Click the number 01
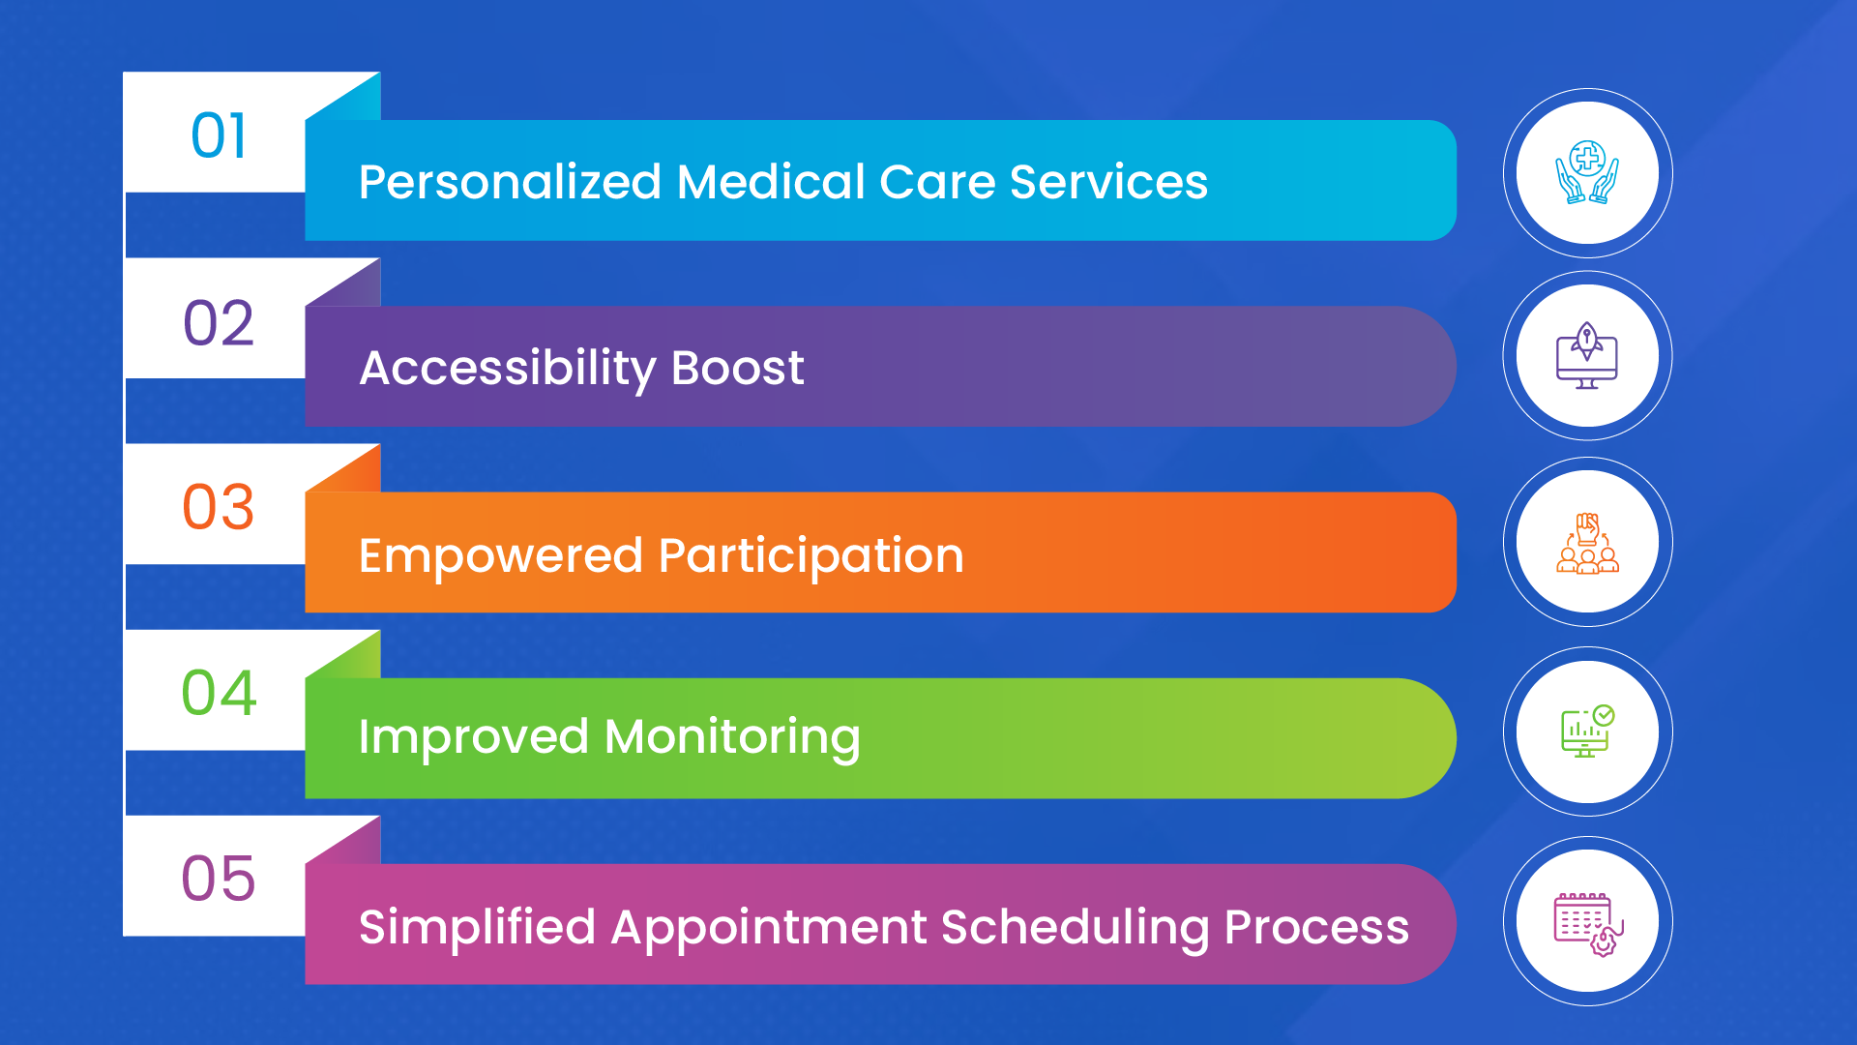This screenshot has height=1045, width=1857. click(x=219, y=135)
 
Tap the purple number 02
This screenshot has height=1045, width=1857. click(x=219, y=322)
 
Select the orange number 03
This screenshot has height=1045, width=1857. click(x=219, y=507)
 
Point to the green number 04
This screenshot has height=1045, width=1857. click(x=219, y=693)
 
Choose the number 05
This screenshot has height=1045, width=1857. click(x=219, y=879)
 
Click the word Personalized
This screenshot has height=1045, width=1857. click(x=510, y=182)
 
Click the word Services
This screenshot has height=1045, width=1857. click(x=1108, y=182)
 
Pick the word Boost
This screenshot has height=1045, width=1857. click(x=737, y=368)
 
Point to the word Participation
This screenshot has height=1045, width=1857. click(x=811, y=556)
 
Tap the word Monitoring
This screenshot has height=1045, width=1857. click(x=732, y=738)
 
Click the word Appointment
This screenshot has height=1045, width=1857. click(x=769, y=928)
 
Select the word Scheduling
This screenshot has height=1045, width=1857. click(x=1075, y=928)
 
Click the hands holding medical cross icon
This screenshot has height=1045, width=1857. click(x=1587, y=173)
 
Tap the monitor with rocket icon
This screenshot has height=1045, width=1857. click(x=1587, y=356)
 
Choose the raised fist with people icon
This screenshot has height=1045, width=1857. click(x=1587, y=543)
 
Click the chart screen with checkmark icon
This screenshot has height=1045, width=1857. click(x=1587, y=731)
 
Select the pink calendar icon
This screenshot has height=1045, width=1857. click(x=1587, y=922)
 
